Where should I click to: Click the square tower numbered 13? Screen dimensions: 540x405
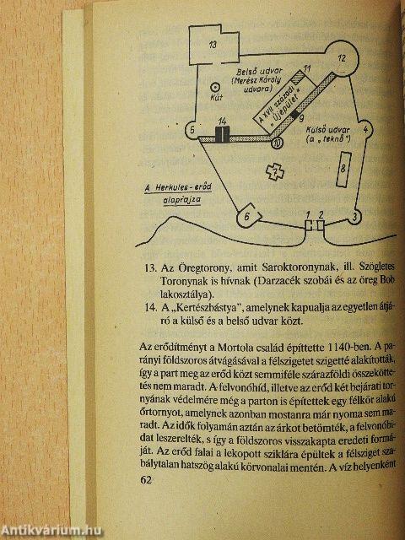pyautogui.click(x=214, y=45)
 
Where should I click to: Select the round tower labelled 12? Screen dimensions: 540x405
pyautogui.click(x=342, y=60)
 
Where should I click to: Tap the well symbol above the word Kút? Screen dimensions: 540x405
pyautogui.click(x=215, y=86)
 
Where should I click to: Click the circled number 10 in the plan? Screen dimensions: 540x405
pyautogui.click(x=278, y=143)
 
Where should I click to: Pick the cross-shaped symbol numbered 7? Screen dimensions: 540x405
pyautogui.click(x=272, y=171)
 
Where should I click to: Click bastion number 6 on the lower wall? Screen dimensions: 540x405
pyautogui.click(x=246, y=217)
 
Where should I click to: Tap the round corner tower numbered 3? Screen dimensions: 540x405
pyautogui.click(x=356, y=217)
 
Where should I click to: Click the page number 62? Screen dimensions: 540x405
pyautogui.click(x=145, y=479)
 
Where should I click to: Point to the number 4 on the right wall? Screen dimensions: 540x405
pyautogui.click(x=365, y=131)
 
